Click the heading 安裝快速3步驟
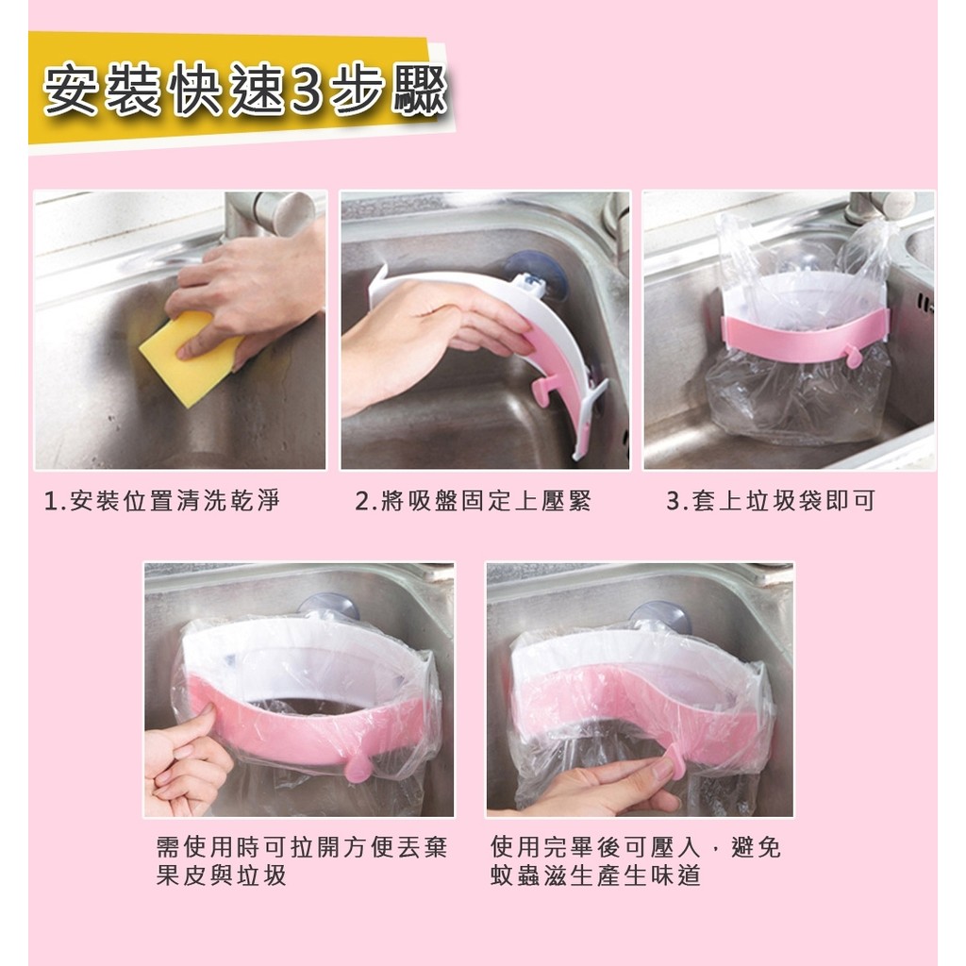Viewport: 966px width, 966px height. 245,91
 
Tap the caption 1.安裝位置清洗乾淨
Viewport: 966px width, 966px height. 162,501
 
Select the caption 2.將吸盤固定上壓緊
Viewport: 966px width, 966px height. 474,501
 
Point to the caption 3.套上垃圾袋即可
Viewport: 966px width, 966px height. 771,501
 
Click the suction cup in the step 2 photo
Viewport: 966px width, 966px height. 537,274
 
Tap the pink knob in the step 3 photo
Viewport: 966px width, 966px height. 854,356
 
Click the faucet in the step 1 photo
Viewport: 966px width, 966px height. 271,213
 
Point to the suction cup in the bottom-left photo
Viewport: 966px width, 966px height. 328,606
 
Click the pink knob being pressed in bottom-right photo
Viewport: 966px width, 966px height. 675,757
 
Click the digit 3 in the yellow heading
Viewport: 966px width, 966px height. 307,92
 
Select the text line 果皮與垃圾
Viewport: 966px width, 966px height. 221,875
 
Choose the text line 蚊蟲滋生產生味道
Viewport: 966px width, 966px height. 596,875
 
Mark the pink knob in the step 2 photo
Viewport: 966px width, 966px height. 543,391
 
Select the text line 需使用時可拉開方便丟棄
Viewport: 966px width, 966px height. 302,848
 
